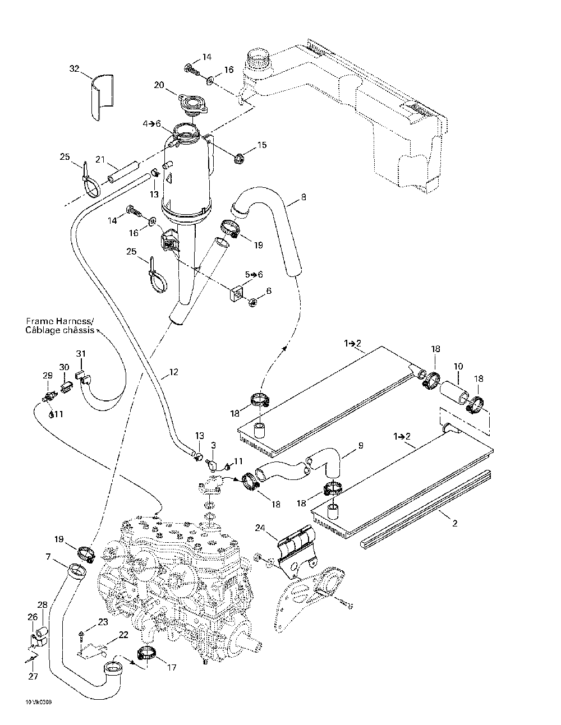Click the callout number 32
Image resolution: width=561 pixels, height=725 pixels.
(75, 69)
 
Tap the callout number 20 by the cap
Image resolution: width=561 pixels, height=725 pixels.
(159, 85)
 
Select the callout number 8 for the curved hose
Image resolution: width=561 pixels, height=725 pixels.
(304, 197)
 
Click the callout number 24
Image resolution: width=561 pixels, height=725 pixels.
(259, 528)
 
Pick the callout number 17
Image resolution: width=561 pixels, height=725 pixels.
(172, 667)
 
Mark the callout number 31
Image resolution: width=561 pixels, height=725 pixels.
(81, 353)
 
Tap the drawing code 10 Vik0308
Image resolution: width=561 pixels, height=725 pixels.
(38, 701)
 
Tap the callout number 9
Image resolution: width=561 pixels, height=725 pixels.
(361, 446)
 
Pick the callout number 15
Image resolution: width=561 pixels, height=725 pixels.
(262, 145)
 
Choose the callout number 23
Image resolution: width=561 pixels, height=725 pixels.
(103, 621)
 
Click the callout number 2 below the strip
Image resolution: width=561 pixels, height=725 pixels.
(455, 524)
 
